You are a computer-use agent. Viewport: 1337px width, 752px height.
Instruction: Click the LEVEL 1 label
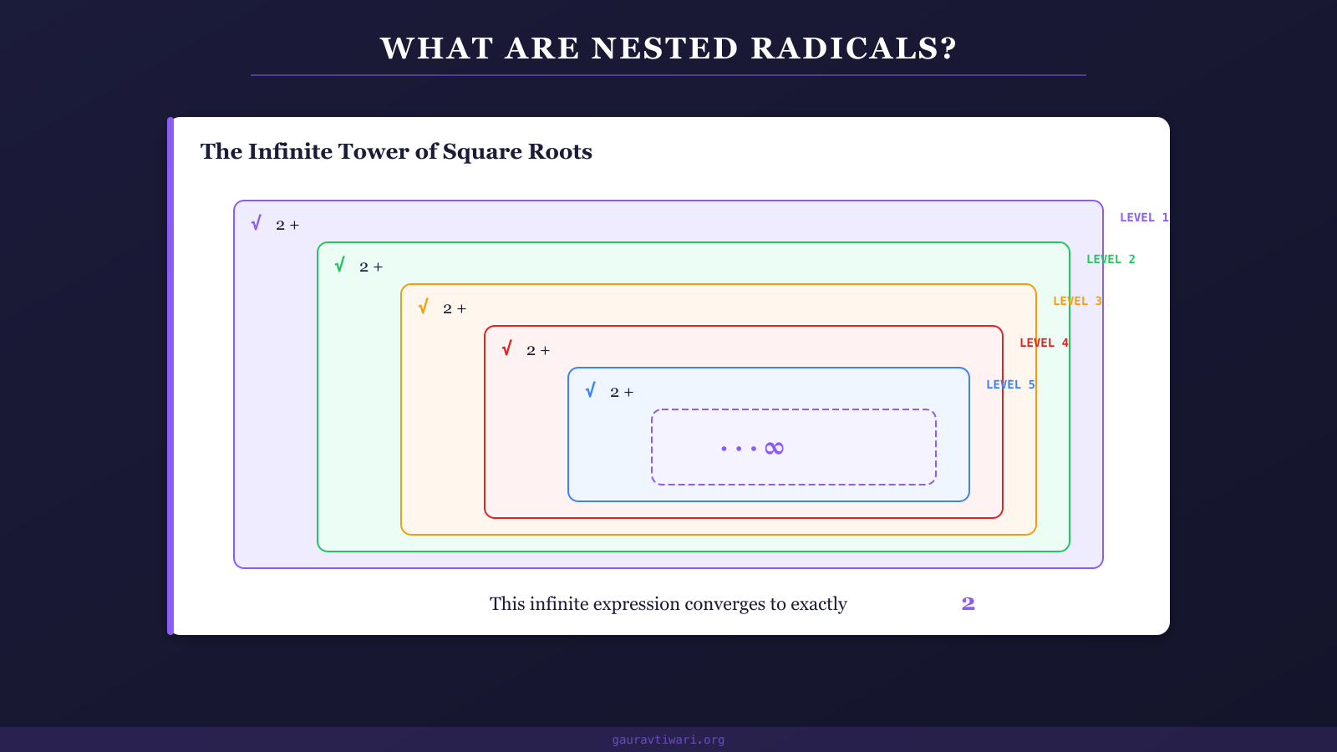coord(1143,217)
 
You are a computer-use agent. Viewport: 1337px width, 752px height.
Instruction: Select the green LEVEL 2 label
coord(1111,259)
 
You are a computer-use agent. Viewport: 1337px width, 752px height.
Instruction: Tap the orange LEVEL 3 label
coord(1077,301)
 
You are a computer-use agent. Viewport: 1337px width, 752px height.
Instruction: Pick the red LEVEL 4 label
coord(1044,343)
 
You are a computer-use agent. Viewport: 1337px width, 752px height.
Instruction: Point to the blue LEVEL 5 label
coord(1010,384)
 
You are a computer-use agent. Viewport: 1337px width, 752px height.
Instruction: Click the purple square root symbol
coord(256,223)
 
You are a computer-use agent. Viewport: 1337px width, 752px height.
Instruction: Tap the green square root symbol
coord(339,265)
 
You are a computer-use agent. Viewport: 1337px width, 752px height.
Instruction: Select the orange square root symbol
coord(423,307)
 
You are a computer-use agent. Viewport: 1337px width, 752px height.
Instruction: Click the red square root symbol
coord(506,348)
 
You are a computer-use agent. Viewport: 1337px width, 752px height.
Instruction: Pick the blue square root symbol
coord(590,390)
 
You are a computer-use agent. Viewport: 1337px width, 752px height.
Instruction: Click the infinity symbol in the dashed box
coord(775,449)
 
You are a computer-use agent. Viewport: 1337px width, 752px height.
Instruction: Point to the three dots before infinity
coord(738,449)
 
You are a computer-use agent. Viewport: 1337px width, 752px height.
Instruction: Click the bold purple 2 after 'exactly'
coord(968,603)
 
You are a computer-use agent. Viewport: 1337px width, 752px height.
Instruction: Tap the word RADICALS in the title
coord(853,48)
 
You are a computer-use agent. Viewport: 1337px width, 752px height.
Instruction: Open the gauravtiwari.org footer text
coord(668,739)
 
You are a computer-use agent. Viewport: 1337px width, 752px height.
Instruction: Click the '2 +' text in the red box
coord(538,351)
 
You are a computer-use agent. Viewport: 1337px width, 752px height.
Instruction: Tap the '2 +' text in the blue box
coord(622,393)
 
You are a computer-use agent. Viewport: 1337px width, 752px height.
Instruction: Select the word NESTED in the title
coord(665,48)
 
